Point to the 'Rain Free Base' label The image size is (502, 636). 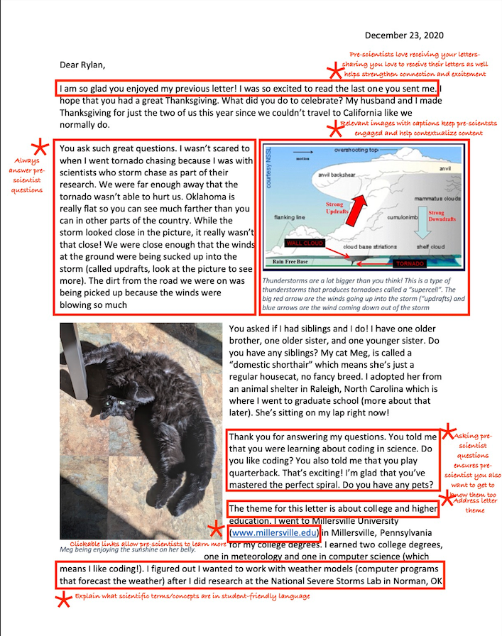pyautogui.click(x=292, y=261)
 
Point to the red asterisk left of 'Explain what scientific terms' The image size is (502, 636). pyautogui.click(x=63, y=601)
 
